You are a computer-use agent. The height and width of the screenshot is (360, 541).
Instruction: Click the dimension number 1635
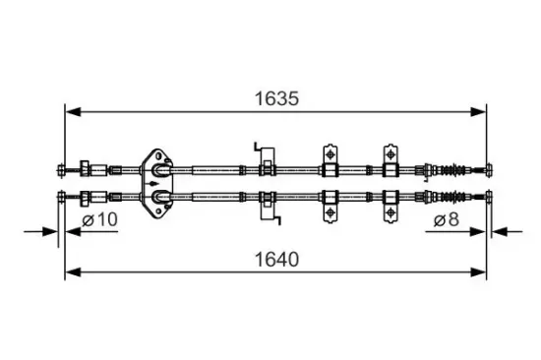(x=276, y=98)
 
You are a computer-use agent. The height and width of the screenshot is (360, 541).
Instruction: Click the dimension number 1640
(x=276, y=260)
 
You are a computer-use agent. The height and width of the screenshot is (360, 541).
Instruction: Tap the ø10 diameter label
(x=99, y=219)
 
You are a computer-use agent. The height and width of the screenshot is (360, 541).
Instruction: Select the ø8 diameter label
(x=447, y=220)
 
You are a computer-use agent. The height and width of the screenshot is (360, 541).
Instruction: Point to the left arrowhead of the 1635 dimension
(x=73, y=112)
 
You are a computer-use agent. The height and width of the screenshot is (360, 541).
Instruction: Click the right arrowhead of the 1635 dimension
(x=478, y=112)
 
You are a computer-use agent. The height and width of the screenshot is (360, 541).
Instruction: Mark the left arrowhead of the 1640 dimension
(x=73, y=272)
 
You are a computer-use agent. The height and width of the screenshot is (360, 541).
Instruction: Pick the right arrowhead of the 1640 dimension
(x=478, y=272)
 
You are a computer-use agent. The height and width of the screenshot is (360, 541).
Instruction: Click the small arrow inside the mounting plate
(x=152, y=183)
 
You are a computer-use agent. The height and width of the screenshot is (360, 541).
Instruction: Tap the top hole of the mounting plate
(x=158, y=156)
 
